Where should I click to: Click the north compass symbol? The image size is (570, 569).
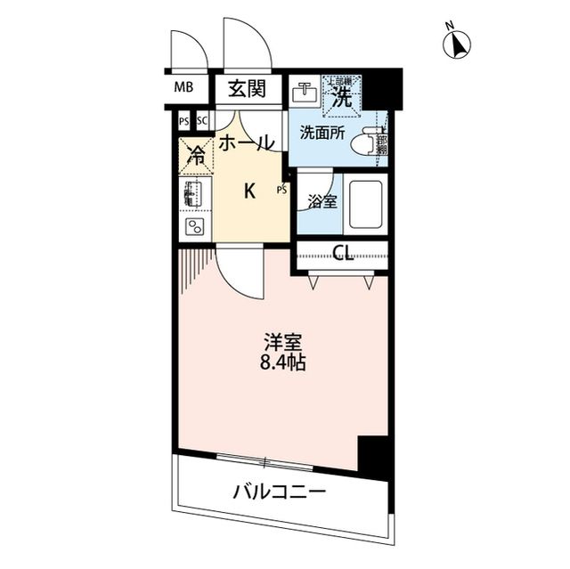click(x=459, y=44)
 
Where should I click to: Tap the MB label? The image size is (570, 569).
click(x=183, y=87)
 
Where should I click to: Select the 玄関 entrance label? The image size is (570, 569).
click(x=247, y=88)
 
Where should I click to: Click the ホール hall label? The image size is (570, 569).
click(x=246, y=142)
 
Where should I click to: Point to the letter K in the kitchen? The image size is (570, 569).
click(x=250, y=190)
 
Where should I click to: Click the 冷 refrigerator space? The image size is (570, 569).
click(x=196, y=155)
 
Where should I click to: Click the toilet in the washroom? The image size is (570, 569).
click(x=368, y=143)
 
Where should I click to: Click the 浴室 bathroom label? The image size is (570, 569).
click(x=322, y=201)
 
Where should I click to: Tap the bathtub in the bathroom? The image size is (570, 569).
click(x=365, y=202)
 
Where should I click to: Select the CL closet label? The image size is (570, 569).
click(x=343, y=253)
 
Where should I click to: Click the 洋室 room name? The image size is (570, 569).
click(x=282, y=342)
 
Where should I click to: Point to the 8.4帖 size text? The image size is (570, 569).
click(x=282, y=363)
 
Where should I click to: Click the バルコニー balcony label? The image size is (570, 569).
click(x=280, y=491)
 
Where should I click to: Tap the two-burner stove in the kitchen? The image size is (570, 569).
click(x=194, y=225)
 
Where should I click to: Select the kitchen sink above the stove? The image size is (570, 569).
click(x=193, y=192)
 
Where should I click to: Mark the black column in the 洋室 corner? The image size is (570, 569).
click(x=372, y=454)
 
